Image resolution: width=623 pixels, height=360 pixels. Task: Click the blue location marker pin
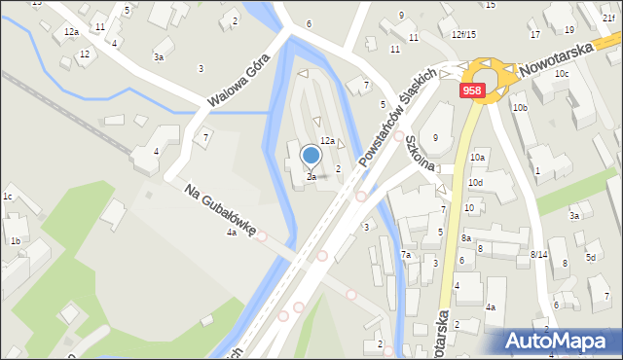[x=311, y=156]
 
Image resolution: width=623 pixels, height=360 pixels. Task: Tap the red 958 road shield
[x=472, y=90]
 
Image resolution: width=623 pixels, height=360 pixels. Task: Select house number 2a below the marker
[x=311, y=177]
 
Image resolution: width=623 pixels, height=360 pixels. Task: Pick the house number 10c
[x=562, y=74]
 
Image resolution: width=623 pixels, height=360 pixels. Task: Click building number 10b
[x=520, y=108]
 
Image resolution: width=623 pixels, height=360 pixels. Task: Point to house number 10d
[x=475, y=183]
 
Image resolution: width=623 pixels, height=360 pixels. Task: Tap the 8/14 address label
[x=538, y=255]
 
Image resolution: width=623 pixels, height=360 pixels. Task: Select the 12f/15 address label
[x=463, y=35]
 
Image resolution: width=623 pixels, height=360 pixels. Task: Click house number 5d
[x=591, y=258]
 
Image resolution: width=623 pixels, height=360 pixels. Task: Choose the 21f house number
[x=608, y=18]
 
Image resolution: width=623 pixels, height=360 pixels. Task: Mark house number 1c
[x=8, y=198]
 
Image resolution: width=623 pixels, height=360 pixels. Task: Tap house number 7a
[x=406, y=255]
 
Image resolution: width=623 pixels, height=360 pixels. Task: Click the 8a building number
[x=466, y=238]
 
